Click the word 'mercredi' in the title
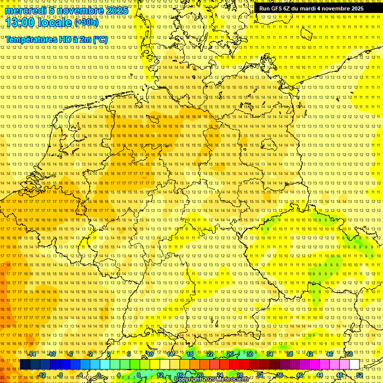25,11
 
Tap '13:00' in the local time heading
19,22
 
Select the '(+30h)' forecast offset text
86,22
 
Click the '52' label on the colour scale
360,375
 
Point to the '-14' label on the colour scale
32,354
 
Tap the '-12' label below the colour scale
41,375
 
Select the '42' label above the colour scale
310,354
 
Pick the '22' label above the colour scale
210,354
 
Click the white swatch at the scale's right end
354,365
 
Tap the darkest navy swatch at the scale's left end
25,365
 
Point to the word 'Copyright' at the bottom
188,380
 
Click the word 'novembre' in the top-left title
77,11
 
